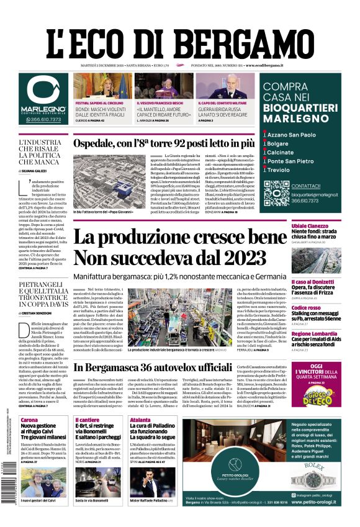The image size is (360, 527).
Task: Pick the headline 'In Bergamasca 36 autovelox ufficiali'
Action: (163, 367)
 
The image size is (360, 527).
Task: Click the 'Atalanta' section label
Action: (140, 420)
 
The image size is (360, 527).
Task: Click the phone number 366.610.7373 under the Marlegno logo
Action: (43, 119)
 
